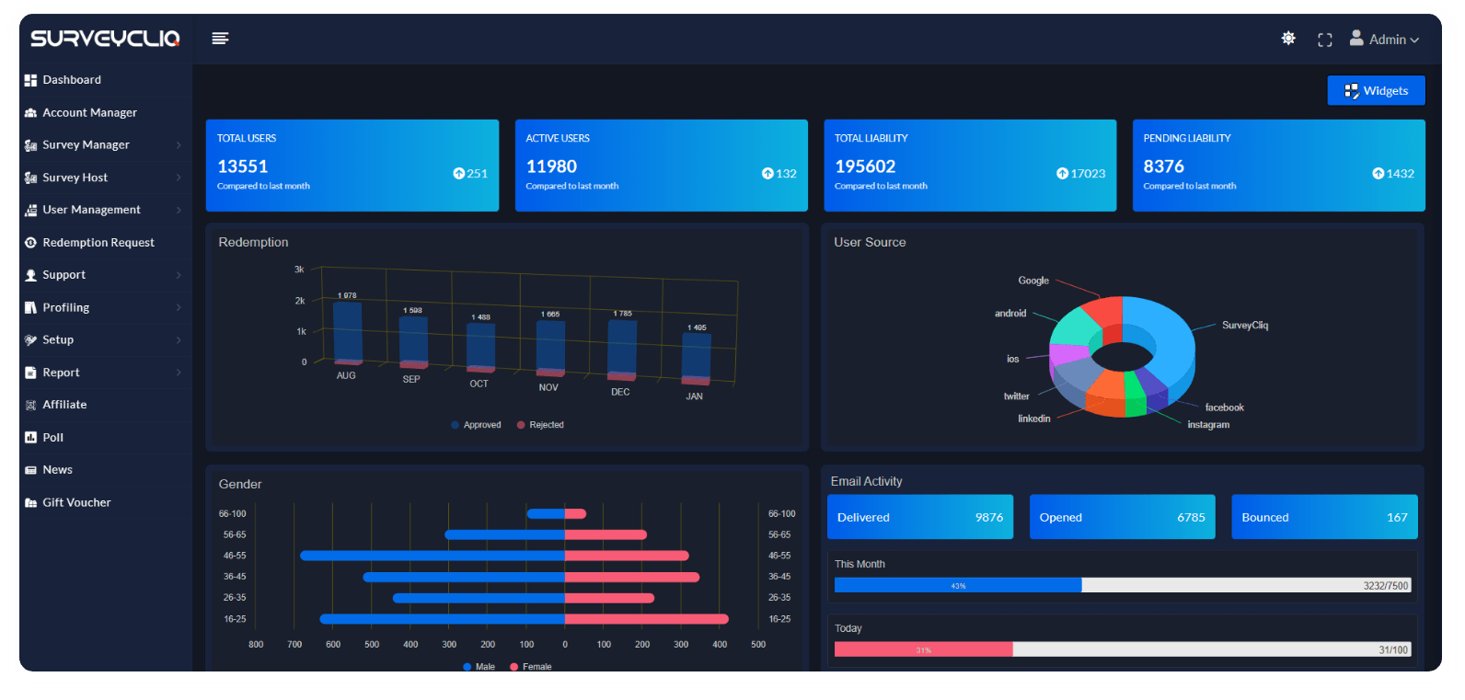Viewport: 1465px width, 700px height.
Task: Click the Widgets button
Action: click(1376, 90)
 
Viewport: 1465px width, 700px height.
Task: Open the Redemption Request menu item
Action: click(98, 243)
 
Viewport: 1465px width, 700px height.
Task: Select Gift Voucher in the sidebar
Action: click(76, 502)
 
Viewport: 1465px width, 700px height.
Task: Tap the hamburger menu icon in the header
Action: click(220, 39)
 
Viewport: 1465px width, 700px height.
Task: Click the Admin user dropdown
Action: click(1385, 40)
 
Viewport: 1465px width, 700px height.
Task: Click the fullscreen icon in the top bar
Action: click(1325, 40)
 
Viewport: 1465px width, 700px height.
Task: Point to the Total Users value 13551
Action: click(243, 166)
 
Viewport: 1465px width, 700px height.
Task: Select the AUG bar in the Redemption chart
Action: click(347, 331)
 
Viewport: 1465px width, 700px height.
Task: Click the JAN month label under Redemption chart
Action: click(694, 396)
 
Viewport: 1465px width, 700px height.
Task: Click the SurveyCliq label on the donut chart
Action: click(1244, 326)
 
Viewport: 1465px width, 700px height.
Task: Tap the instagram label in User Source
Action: click(1207, 425)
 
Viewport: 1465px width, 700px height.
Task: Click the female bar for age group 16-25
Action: click(646, 619)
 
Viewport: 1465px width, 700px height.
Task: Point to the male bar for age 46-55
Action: click(433, 556)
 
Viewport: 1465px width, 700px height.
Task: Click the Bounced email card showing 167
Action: click(1324, 517)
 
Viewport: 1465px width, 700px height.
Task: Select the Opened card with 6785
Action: click(1122, 517)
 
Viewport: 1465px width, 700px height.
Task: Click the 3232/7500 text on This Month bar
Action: click(1385, 586)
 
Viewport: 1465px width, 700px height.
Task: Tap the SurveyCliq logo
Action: click(105, 39)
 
